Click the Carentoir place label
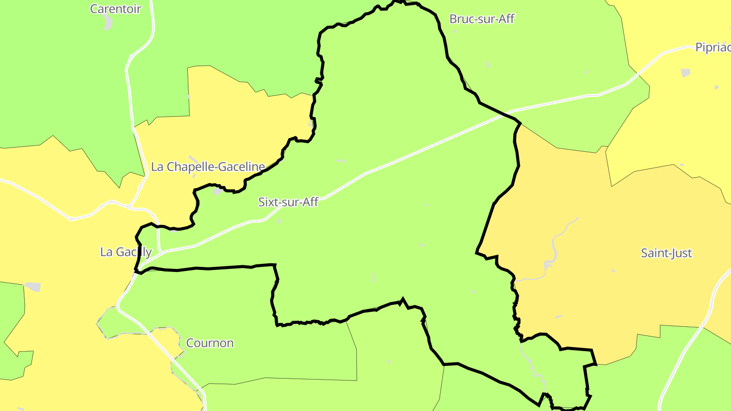pos(115,9)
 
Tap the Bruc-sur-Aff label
pos(482,19)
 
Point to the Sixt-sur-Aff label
pos(288,202)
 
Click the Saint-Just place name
pos(666,253)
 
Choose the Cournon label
pos(210,343)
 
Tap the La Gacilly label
pos(126,252)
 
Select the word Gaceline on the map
pos(244,166)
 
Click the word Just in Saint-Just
pos(681,253)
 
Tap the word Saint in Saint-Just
pos(653,253)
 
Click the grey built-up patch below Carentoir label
pos(108,22)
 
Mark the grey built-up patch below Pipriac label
pos(686,73)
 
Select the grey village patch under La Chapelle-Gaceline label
pos(217,191)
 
